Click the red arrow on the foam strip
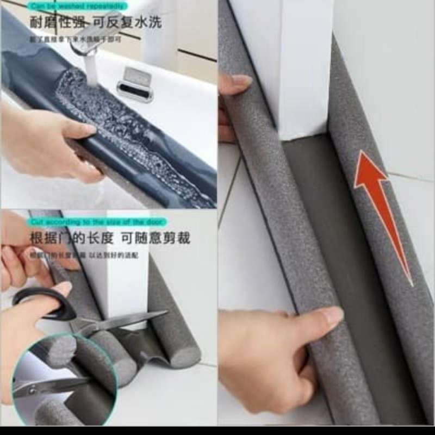[381, 207]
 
